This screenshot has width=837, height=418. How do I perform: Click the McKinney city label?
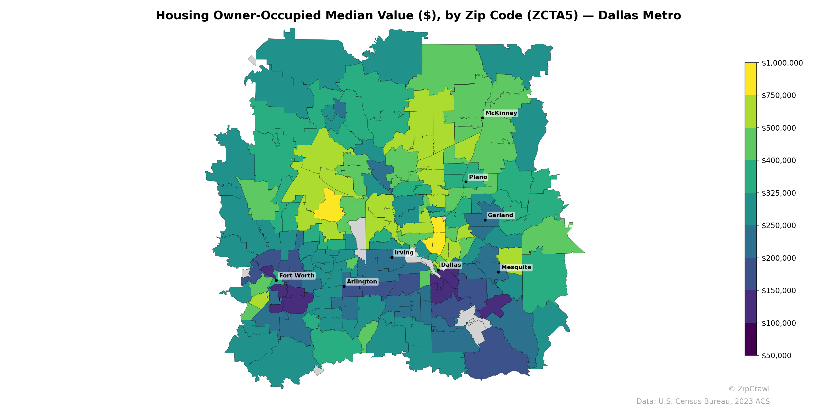(x=501, y=113)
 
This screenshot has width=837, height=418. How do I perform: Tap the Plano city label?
(x=478, y=177)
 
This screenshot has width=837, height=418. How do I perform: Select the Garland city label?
(x=500, y=215)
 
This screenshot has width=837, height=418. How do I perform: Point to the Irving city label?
(x=404, y=252)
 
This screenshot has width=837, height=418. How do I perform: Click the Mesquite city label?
(x=516, y=267)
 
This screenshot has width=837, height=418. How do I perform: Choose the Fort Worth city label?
(x=296, y=276)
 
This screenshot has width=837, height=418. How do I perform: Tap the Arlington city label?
(x=362, y=281)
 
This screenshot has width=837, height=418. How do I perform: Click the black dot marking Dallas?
(x=438, y=270)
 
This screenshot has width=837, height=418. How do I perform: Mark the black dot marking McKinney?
(x=482, y=118)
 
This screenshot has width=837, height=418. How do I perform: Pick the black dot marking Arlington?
(x=344, y=286)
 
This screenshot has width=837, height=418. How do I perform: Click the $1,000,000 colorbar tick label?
(x=782, y=63)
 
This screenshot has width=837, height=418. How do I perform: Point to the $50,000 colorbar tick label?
(x=776, y=355)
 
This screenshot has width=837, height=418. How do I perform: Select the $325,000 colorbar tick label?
(x=778, y=193)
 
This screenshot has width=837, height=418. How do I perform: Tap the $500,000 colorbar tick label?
(x=778, y=128)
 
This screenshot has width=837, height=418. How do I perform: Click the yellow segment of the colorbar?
(x=751, y=79)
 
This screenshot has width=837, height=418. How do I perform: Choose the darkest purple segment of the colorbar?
(x=751, y=339)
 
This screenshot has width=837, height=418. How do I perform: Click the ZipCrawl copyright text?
(x=749, y=389)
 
